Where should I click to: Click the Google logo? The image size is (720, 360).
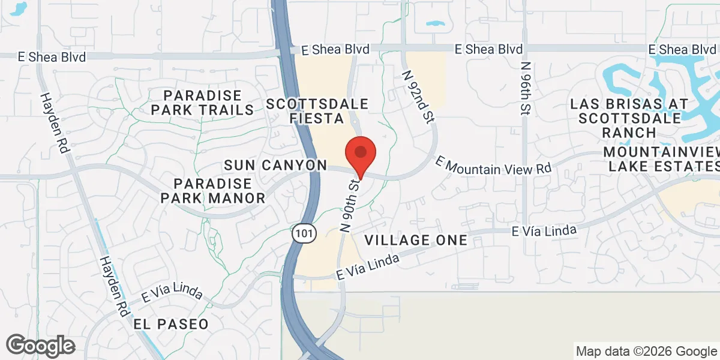tap(41, 345)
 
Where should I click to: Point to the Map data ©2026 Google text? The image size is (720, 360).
tap(646, 351)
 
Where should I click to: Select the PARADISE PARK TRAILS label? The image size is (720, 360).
tap(202, 103)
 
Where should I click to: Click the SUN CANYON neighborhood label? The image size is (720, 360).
tap(275, 165)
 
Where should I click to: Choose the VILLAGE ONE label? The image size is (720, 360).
tap(416, 241)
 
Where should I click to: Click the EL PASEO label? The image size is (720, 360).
tap(172, 324)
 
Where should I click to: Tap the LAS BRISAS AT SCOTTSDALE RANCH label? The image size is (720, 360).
tap(629, 118)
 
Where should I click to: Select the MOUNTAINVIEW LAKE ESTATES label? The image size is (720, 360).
tap(662, 158)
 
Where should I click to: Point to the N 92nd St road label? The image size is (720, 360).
tap(418, 96)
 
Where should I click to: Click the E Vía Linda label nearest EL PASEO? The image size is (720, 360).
tap(172, 292)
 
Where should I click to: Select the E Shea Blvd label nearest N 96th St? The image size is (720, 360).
tap(488, 49)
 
